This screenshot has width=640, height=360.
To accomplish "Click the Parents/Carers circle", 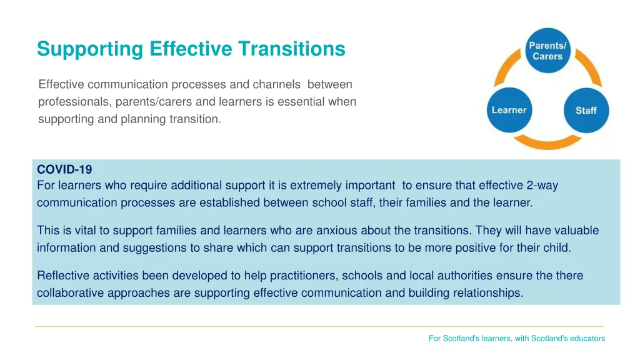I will [547, 51].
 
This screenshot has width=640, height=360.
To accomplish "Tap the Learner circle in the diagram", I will [509, 111].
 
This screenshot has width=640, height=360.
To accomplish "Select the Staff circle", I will [586, 111].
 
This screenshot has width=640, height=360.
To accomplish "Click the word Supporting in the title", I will [90, 49].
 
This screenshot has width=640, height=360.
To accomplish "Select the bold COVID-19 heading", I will [64, 169].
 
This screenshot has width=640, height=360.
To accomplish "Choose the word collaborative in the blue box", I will [70, 293].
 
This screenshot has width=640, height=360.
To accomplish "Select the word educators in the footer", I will [586, 338].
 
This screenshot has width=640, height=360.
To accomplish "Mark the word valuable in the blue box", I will [576, 231].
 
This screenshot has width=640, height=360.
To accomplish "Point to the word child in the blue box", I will [556, 248].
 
